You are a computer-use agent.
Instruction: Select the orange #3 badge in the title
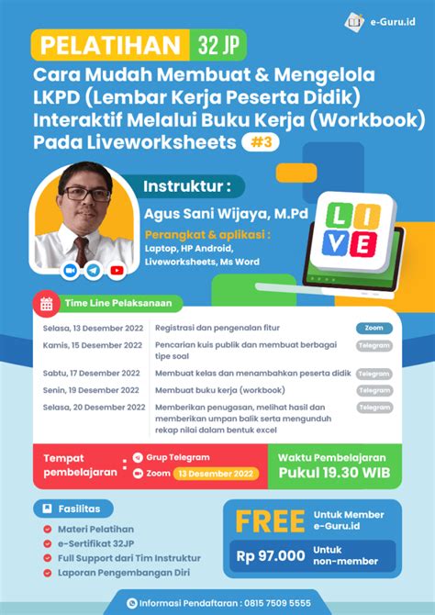pos(263,142)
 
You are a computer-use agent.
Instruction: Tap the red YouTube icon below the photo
pos(117,271)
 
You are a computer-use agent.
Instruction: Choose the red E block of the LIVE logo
pos(363,244)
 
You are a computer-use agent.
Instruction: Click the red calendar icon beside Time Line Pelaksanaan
pos(45,304)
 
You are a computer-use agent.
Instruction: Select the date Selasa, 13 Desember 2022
pos(92,328)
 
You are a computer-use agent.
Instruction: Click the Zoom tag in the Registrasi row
pos(374,328)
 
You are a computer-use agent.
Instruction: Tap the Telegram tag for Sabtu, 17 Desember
pos(374,374)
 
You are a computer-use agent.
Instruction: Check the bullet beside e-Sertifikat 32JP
pos(47,545)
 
